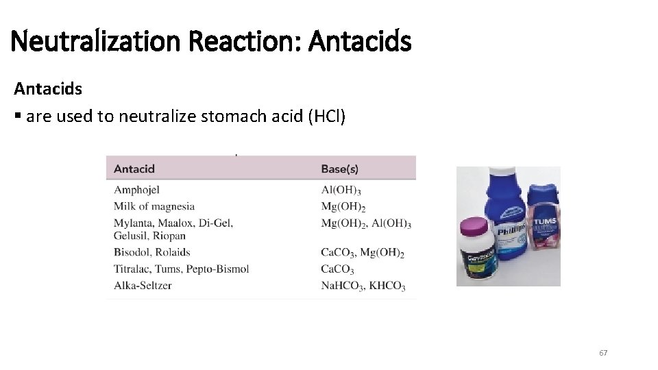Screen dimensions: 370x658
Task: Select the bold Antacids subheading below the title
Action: coord(48,89)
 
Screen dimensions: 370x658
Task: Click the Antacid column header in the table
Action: coord(134,169)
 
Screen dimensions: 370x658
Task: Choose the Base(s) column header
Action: coord(339,169)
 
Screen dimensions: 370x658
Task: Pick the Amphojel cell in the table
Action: coord(136,190)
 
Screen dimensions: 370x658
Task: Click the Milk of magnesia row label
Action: coord(154,206)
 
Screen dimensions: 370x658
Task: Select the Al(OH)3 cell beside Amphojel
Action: coord(341,190)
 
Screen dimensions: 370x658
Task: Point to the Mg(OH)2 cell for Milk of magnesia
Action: coord(343,207)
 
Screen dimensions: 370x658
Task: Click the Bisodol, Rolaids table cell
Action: coord(152,252)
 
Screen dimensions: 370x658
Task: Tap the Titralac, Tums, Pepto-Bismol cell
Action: coord(181,269)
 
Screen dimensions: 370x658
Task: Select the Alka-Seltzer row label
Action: coord(143,285)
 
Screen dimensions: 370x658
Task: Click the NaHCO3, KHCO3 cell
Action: coord(363,286)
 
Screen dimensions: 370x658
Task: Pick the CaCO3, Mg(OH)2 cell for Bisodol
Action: coord(363,253)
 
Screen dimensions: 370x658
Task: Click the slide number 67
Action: coord(603,353)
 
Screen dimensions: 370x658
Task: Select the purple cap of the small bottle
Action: coord(473,227)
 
